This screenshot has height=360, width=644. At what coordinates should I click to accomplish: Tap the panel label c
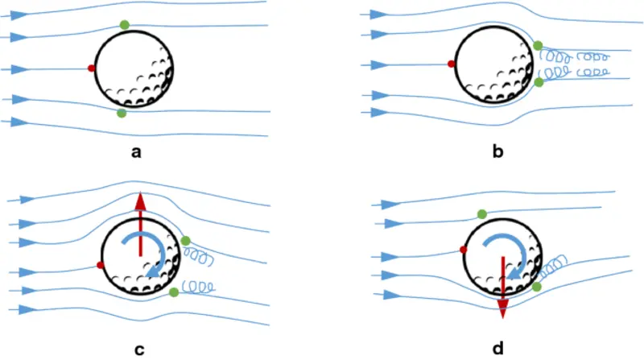[139, 349]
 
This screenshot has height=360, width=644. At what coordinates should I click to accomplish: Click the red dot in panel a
[91, 68]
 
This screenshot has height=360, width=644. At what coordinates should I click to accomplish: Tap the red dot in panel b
[452, 64]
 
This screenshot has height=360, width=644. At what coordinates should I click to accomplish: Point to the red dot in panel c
[100, 265]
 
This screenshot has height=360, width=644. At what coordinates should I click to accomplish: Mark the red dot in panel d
[464, 250]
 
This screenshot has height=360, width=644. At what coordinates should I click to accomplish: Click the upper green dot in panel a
[125, 25]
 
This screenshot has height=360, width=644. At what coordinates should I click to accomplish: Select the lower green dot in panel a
[122, 114]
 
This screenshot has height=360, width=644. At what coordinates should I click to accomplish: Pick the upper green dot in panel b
[538, 46]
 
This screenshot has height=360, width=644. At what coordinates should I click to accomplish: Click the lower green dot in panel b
[539, 81]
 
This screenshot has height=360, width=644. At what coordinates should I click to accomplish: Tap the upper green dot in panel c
[185, 241]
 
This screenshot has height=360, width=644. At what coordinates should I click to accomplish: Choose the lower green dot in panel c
[175, 292]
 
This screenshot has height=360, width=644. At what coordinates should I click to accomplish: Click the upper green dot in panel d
[481, 213]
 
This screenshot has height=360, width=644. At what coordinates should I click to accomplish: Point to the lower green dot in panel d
[536, 287]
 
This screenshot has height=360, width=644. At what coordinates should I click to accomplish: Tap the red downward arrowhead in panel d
[502, 308]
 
